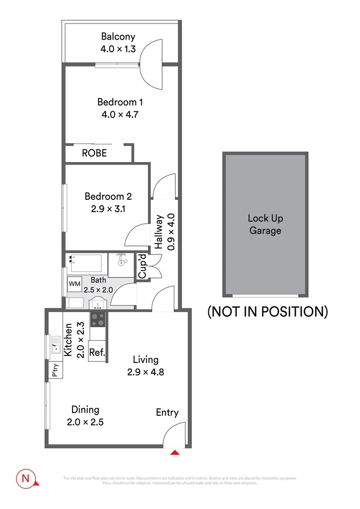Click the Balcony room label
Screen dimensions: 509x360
coord(118,37)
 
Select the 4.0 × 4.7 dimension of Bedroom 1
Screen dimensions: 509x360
coord(120,114)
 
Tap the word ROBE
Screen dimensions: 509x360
coord(94,153)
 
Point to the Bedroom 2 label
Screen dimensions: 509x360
coord(108,197)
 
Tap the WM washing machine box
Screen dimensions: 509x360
coord(74,284)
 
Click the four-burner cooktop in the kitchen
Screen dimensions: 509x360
coord(98,320)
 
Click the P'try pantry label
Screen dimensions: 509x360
coord(55,371)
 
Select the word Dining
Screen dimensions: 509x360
coord(85,410)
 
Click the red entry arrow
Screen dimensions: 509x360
coord(175,453)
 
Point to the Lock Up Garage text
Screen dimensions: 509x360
coord(265,224)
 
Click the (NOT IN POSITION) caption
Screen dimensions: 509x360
coord(268,312)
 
